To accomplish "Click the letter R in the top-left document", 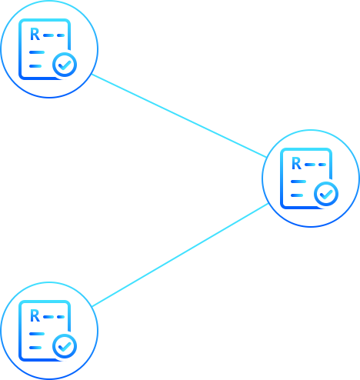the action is (x=35, y=35).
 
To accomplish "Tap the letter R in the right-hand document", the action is (x=296, y=164).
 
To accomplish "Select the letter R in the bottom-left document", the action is (x=35, y=316).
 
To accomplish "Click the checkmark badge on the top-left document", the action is (x=65, y=65).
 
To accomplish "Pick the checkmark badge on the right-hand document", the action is (x=326, y=194).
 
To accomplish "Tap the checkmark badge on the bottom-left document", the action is (x=65, y=346).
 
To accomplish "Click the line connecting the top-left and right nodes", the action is (x=179, y=115).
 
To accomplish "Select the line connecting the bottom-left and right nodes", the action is (x=180, y=255).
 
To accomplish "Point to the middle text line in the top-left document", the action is (x=37, y=52).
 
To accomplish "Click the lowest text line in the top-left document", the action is (x=35, y=66).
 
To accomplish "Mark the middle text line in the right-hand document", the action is (x=298, y=182).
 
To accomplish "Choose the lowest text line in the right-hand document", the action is (x=297, y=195).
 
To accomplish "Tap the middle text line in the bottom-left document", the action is (x=37, y=334).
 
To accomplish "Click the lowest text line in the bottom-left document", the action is (x=35, y=348).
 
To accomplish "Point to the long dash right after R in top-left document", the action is (x=48, y=35).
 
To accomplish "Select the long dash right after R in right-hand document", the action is (x=310, y=165).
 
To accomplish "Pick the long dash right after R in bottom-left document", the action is (x=48, y=317).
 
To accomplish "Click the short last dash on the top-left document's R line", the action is (x=61, y=35).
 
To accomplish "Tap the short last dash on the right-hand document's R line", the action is (x=322, y=165).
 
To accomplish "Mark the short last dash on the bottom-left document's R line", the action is (x=61, y=317).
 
